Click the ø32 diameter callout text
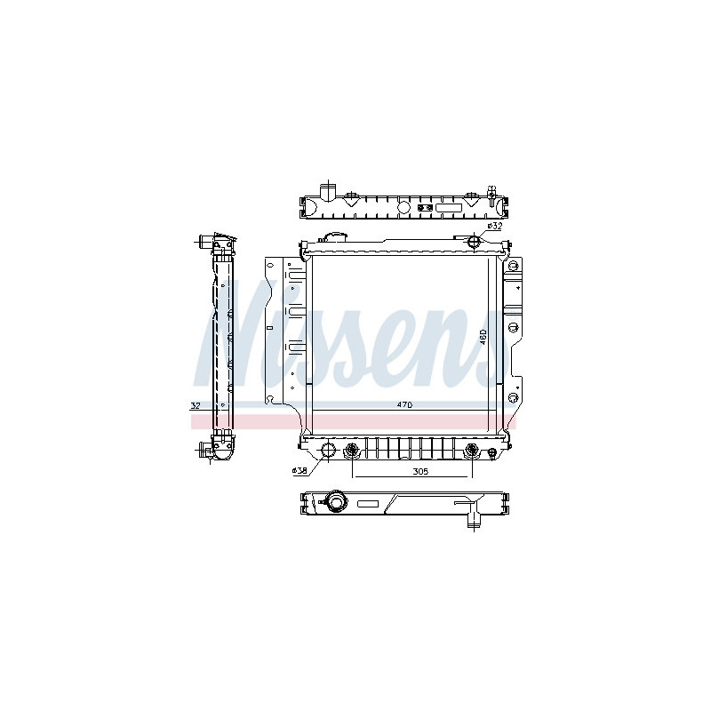coord(495,226)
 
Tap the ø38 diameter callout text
coord(300,471)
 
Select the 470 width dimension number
coord(404,405)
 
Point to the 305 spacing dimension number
coord(420,472)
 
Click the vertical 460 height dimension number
coord(483,337)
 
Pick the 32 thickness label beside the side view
coord(196,405)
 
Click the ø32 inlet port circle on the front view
coord(473,240)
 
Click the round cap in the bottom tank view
coord(336,502)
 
